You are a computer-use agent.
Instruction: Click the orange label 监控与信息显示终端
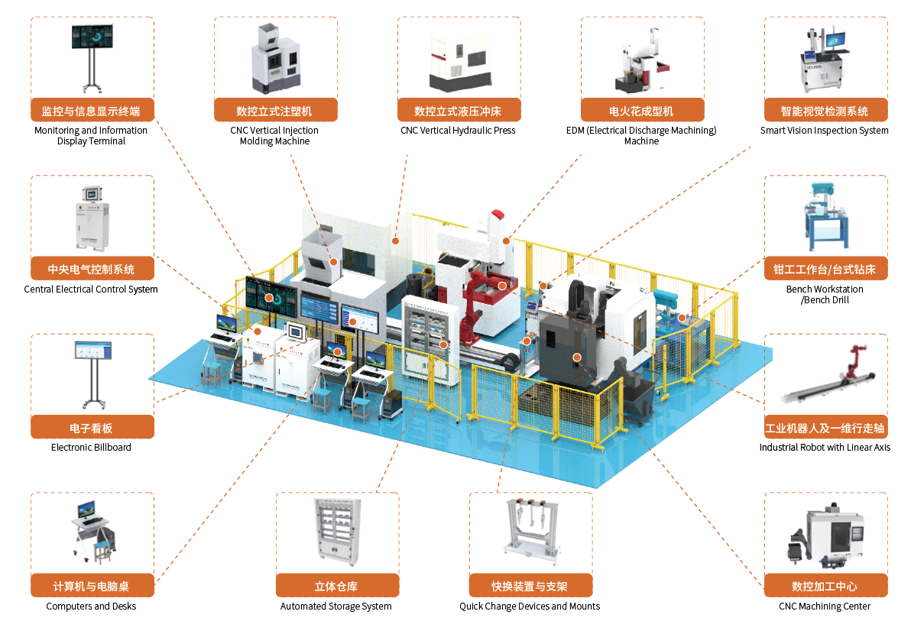click(x=92, y=110)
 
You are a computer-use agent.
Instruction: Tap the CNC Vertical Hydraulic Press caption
click(x=458, y=131)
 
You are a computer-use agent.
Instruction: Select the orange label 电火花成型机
click(x=642, y=110)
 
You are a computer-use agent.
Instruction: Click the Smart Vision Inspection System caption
click(x=825, y=131)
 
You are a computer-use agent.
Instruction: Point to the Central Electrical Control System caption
click(x=91, y=290)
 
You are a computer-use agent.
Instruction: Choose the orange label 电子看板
click(x=92, y=427)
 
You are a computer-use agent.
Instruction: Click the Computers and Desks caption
click(x=91, y=607)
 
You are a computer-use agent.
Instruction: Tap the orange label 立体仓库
click(x=337, y=586)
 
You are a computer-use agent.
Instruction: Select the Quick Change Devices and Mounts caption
click(x=530, y=607)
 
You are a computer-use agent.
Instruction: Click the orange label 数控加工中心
click(x=825, y=586)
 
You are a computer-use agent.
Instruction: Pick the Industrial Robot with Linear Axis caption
click(x=825, y=448)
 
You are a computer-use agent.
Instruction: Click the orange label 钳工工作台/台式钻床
click(x=825, y=269)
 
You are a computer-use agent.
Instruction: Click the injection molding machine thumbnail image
click(x=275, y=58)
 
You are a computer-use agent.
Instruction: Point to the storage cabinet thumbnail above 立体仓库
click(x=337, y=532)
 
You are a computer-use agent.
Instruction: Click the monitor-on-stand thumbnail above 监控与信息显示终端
click(x=92, y=58)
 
